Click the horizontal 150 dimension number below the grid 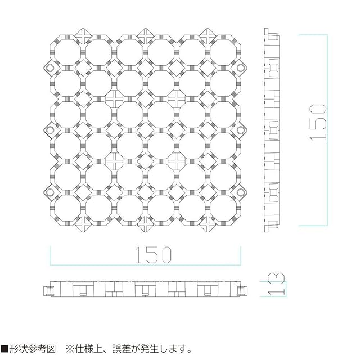coord(145,256)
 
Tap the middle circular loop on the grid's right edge coord(241,130)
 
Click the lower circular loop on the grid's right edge coord(241,192)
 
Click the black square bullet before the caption coord(4,348)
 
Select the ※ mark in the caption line coord(71,348)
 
